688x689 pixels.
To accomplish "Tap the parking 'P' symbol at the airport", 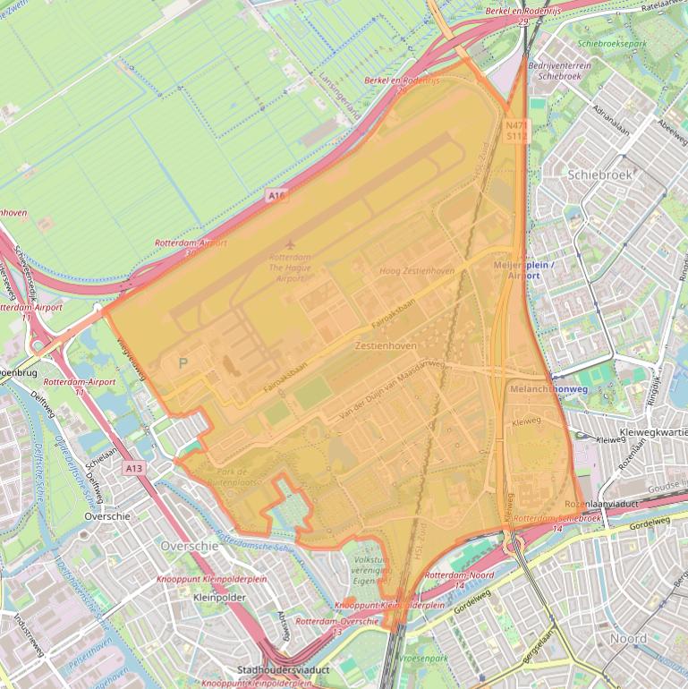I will tap(183, 363).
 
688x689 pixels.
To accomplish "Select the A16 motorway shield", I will tap(276, 194).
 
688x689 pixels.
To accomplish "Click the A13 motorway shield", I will tap(134, 468).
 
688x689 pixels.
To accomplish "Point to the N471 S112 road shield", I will tap(517, 132).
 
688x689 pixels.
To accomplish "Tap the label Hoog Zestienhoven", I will tap(417, 271).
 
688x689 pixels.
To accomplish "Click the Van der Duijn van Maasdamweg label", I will tap(391, 391).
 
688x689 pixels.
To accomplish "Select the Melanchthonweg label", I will tap(548, 390).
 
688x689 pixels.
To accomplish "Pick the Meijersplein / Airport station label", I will tap(524, 270).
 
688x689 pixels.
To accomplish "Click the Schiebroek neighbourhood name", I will tap(599, 175).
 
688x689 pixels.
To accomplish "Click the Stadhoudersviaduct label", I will tap(284, 669).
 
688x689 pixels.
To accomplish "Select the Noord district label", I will tap(628, 639).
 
